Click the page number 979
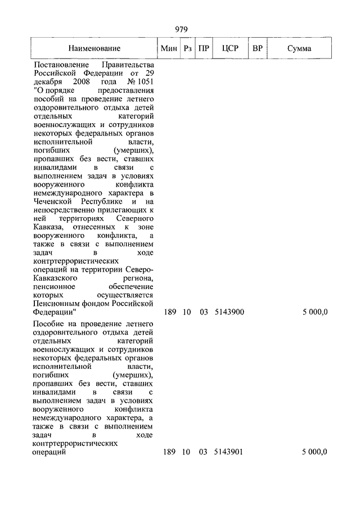(181, 30)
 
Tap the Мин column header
(169, 49)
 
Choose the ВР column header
(258, 49)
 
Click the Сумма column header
(299, 49)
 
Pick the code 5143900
(229, 312)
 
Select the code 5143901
(229, 452)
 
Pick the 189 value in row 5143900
(169, 312)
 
